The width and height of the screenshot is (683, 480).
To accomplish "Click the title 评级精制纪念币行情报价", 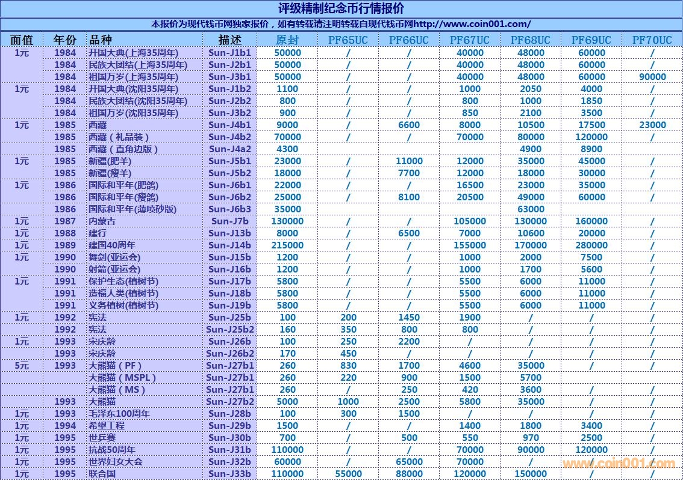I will click(341, 8).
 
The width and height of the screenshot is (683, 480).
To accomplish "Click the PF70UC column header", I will click(652, 40).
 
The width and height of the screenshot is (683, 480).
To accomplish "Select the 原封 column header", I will click(287, 40).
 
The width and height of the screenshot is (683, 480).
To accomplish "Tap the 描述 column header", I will click(229, 40).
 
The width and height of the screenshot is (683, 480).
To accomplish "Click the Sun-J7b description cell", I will click(229, 221).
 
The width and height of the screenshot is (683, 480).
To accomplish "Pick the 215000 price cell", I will click(287, 245).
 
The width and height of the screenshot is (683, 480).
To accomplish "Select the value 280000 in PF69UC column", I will click(591, 245).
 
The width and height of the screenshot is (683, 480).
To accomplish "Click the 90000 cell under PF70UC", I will click(652, 77).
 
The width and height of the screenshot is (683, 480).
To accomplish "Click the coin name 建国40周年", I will click(112, 245).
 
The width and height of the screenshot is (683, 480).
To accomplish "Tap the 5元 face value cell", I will click(22, 366).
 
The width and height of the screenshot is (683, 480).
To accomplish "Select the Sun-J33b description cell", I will click(229, 474).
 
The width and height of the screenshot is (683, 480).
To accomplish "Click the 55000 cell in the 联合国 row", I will click(348, 474).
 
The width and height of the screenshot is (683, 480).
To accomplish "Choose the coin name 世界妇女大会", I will click(116, 462).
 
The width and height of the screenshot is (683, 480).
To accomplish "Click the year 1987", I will click(65, 221).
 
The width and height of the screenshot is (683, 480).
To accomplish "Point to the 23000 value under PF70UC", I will click(652, 125).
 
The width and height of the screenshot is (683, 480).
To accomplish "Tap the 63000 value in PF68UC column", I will click(531, 209).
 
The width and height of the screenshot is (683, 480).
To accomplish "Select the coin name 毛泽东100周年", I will click(119, 414).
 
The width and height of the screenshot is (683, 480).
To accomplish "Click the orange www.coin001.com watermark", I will click(619, 463).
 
